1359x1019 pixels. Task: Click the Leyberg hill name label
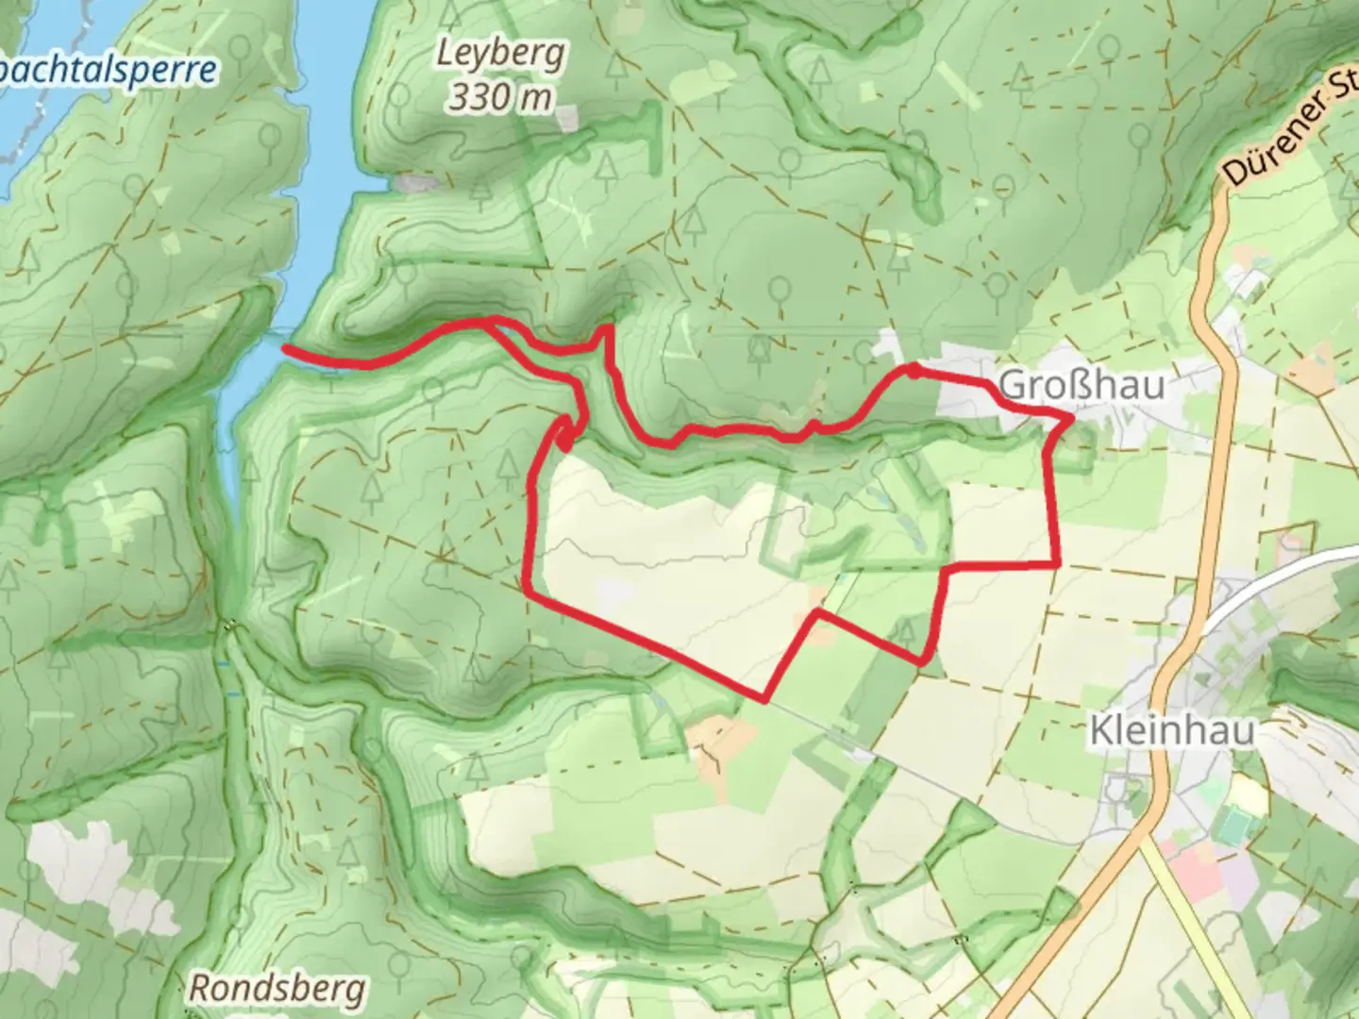tap(500, 54)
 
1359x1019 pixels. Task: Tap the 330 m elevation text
tap(500, 95)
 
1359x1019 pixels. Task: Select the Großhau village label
tap(1081, 385)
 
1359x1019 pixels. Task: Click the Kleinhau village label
tap(1171, 730)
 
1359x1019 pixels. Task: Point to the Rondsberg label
tap(277, 989)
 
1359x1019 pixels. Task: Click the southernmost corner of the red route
tap(764, 700)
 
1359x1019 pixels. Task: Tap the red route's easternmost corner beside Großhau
tap(1072, 416)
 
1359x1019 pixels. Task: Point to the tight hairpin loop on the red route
tap(563, 434)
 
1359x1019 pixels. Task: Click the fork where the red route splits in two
tap(488, 324)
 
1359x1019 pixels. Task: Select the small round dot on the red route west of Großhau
tap(913, 368)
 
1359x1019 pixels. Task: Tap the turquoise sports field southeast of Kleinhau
tap(1232, 828)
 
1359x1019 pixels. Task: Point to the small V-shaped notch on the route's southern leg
tap(816, 614)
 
